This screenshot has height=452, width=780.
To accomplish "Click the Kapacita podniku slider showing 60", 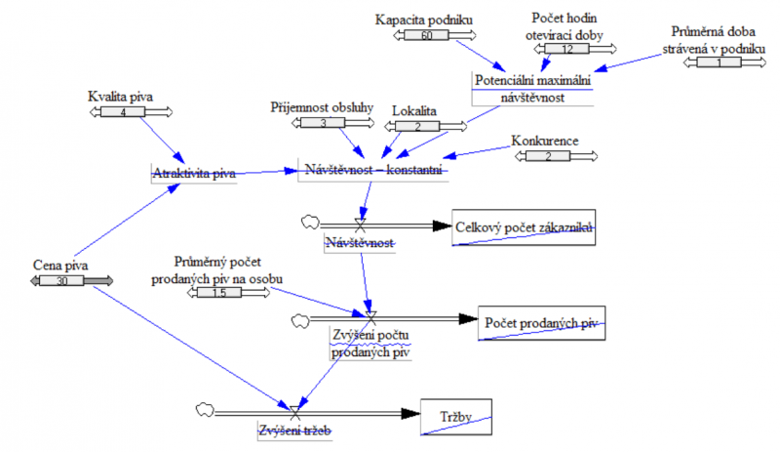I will [426, 36].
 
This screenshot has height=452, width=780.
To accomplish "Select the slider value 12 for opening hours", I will [566, 49].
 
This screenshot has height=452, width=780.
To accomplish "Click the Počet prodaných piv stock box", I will [541, 323].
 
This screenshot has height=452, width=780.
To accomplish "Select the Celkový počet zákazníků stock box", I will [524, 227].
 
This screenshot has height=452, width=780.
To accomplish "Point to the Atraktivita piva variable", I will [195, 174].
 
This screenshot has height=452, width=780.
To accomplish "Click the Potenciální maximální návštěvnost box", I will [531, 88].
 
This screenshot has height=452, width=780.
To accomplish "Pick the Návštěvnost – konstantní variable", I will [374, 172].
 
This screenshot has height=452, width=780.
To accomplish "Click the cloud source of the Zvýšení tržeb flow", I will [205, 408].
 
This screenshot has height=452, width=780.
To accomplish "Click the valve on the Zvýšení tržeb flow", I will [292, 411].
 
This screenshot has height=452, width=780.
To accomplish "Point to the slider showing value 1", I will [720, 62].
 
